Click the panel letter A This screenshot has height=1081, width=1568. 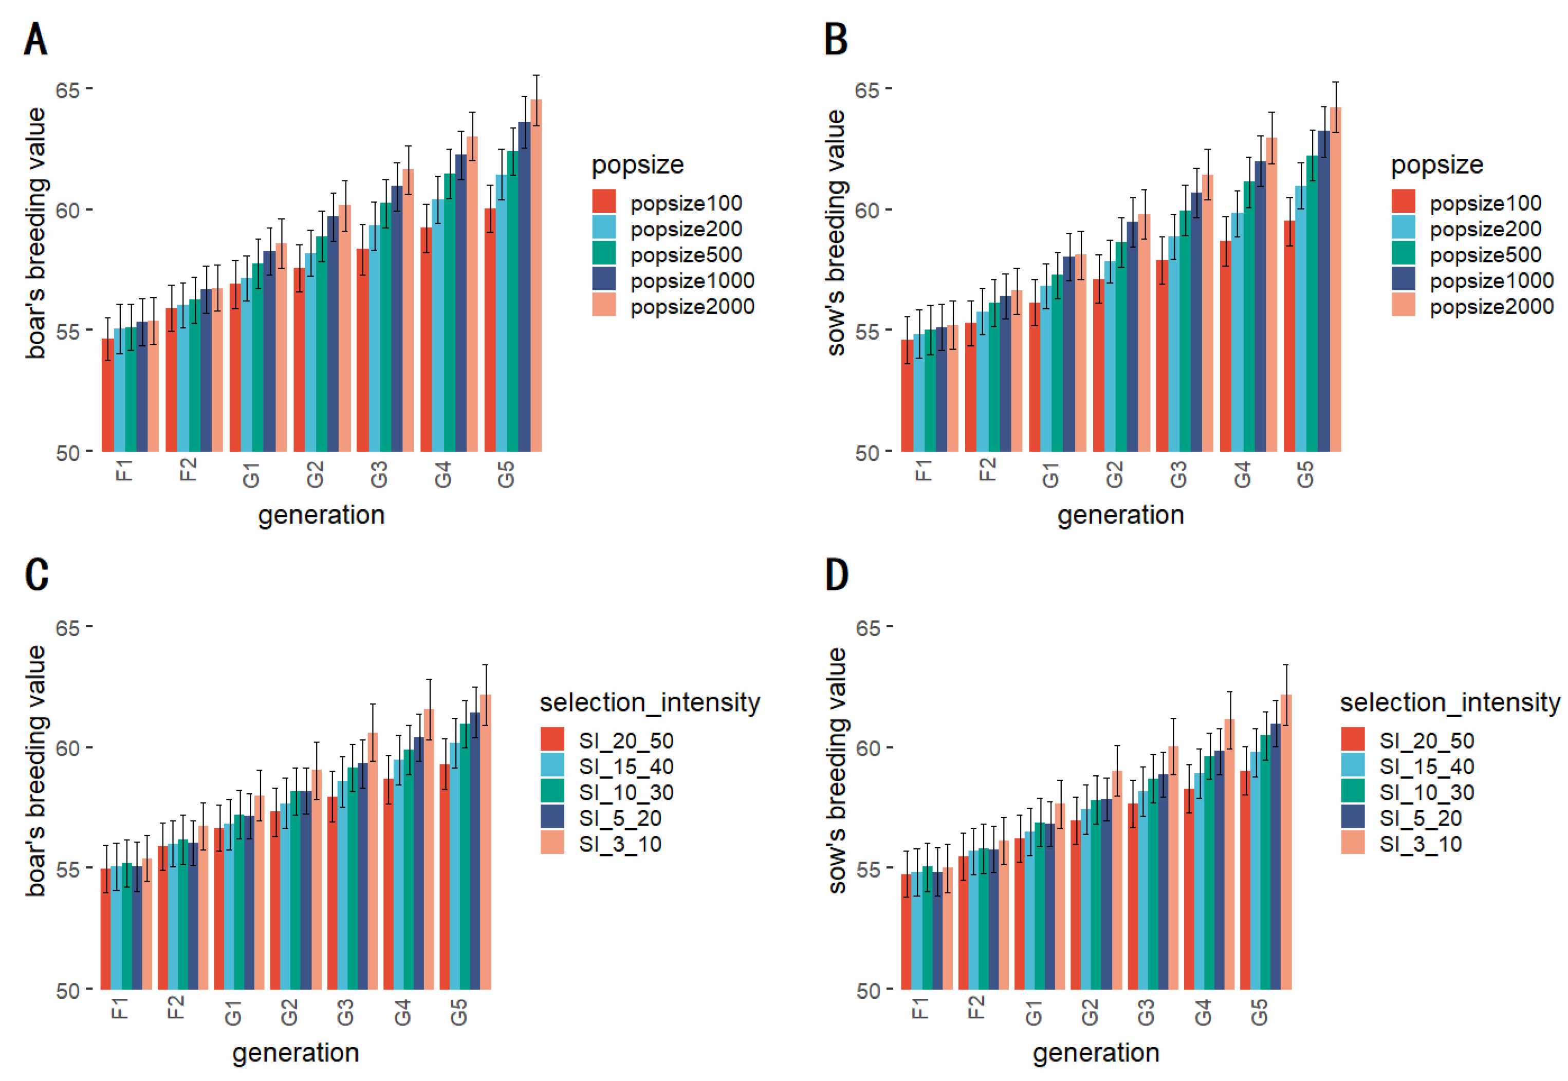coord(35,39)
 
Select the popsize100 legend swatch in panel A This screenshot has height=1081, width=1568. coord(603,202)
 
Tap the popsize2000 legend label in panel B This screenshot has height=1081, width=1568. coord(1491,307)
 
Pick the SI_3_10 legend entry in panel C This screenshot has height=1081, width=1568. coord(619,844)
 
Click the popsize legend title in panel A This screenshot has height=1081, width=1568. coord(637,164)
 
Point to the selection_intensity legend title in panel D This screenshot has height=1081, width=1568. coord(1449,702)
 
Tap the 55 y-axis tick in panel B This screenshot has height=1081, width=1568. coord(867,332)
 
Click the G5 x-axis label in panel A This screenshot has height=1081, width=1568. coord(506,474)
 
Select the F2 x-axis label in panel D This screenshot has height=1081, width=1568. coord(976,1007)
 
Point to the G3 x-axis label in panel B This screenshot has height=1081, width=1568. coord(1178,474)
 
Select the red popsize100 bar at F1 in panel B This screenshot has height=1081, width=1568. coord(906,396)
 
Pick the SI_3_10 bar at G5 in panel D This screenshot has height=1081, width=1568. coord(1285,847)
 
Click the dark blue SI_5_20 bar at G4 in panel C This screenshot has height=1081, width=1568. coord(418,867)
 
